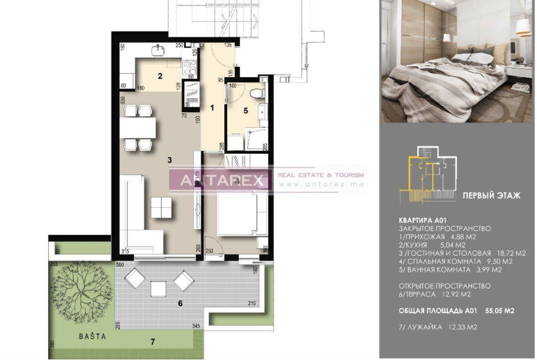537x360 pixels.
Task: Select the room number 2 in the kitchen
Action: click(160, 76)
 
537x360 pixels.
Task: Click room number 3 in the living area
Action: click(170, 160)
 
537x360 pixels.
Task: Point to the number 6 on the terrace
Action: click(180, 303)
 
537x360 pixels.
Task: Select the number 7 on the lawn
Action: click(153, 341)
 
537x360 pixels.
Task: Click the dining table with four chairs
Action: click(139, 128)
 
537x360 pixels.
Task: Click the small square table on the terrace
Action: click(158, 288)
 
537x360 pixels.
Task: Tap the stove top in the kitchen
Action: click(190, 66)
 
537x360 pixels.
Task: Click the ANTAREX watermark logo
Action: click(221, 180)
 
